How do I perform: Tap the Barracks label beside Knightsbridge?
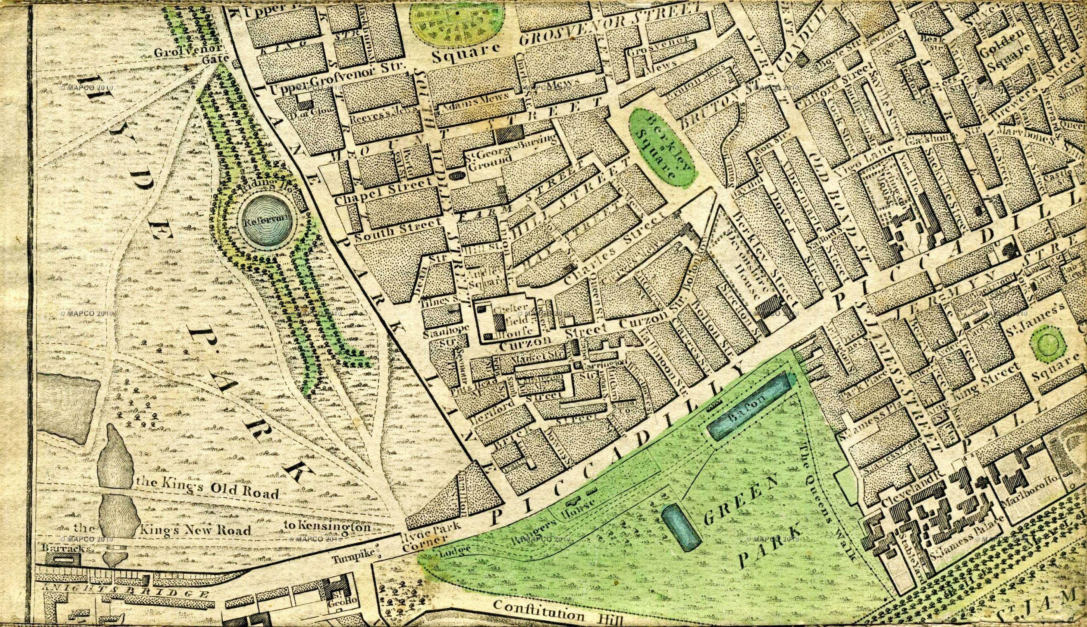pos(66,549)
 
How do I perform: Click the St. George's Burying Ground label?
pos(508,152)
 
